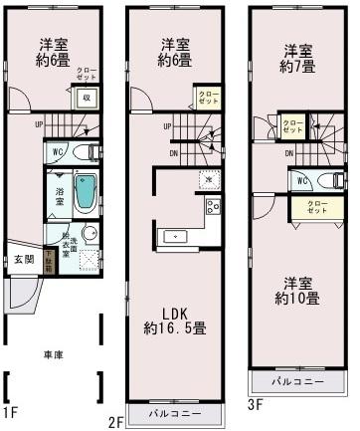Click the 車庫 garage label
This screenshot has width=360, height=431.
tap(54, 354)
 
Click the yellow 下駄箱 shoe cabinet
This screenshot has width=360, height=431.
tap(48, 263)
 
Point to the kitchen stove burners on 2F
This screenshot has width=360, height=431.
tap(213, 207)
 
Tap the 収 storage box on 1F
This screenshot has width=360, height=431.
tap(87, 97)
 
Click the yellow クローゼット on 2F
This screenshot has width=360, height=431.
tap(207, 98)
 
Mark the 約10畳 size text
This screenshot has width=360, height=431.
tap(298, 297)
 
